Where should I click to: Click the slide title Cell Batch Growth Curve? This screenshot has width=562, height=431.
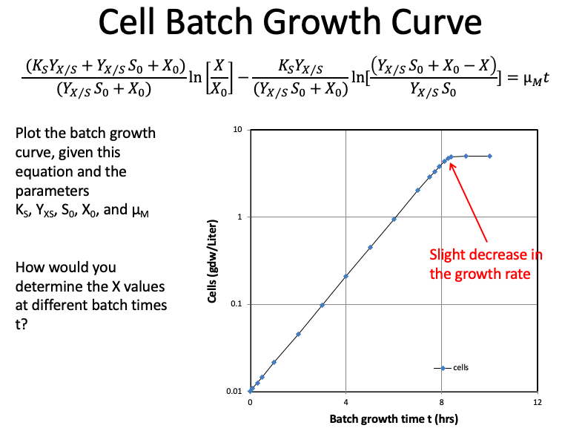pyautogui.click(x=281, y=24)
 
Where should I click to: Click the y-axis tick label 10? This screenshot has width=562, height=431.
pyautogui.click(x=239, y=130)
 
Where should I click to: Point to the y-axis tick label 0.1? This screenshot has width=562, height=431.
pyautogui.click(x=237, y=304)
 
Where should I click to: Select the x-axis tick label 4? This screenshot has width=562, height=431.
pyautogui.click(x=346, y=401)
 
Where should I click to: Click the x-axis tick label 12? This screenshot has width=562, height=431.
pyautogui.click(x=537, y=401)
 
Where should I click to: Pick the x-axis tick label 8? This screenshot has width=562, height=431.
pyautogui.click(x=442, y=401)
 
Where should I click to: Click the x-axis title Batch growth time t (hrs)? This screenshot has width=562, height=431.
pyautogui.click(x=394, y=418)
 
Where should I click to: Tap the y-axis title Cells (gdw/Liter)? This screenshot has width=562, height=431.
pyautogui.click(x=212, y=261)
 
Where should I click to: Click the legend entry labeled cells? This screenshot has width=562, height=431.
pyautogui.click(x=460, y=367)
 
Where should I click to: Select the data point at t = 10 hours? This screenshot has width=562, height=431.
pyautogui.click(x=490, y=156)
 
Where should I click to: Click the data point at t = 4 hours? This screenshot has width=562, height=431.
pyautogui.click(x=346, y=276)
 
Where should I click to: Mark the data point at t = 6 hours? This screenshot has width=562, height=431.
pyautogui.click(x=394, y=219)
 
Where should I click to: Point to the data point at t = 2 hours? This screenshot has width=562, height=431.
pyautogui.click(x=298, y=334)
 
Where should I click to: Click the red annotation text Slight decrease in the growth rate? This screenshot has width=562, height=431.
pyautogui.click(x=486, y=263)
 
